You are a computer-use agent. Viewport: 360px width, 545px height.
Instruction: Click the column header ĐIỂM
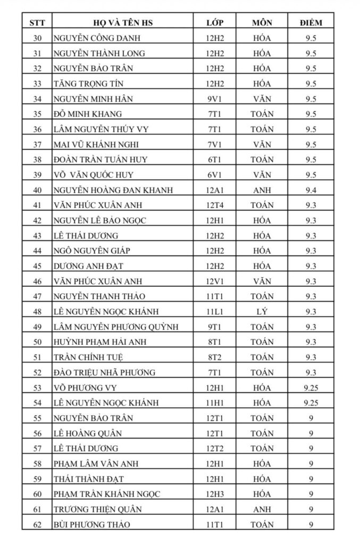pos(311,23)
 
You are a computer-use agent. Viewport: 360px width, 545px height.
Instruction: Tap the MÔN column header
pos(262,23)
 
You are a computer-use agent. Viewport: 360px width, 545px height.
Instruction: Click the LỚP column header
pos(215,23)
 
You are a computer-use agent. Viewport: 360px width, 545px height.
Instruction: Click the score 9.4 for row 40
pos(311,190)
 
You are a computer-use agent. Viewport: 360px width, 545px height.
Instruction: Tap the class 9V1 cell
pos(215,99)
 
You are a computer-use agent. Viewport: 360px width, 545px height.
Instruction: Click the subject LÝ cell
pos(262,311)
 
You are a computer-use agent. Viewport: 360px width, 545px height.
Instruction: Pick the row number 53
pos(37,387)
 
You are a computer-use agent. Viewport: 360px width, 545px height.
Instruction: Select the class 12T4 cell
pos(215,205)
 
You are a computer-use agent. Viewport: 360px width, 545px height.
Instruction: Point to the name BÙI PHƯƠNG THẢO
pos(91,524)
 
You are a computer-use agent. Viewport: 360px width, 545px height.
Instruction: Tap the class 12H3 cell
pos(215,494)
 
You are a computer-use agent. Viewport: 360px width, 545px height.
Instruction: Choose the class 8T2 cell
pos(215,357)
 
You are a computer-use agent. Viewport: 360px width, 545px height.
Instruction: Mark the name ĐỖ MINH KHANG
pos(87,114)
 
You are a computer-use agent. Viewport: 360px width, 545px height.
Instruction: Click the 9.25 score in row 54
pos(311,403)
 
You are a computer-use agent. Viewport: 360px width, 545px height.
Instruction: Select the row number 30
pos(37,38)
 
